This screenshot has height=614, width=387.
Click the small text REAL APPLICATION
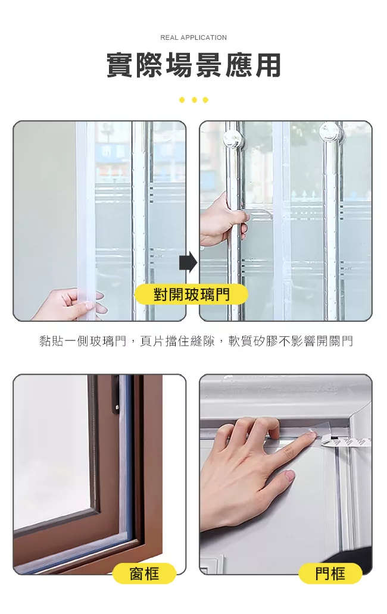click(x=193, y=37)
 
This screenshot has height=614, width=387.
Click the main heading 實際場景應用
click(x=194, y=65)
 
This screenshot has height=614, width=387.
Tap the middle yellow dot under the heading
click(x=194, y=100)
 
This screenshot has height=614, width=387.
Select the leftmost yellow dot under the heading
click(x=182, y=100)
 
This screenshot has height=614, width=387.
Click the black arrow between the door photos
click(x=188, y=262)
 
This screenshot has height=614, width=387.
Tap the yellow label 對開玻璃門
click(x=191, y=295)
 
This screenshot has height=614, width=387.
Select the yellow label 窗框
click(x=144, y=574)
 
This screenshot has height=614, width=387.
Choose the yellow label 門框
click(x=330, y=574)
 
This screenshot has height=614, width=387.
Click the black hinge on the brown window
click(x=116, y=396)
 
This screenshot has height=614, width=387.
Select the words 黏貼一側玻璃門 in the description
click(x=83, y=341)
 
